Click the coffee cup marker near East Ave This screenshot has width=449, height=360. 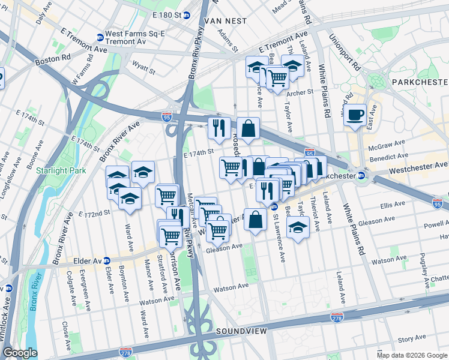(x=355, y=114)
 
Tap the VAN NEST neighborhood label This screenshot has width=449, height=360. (x=226, y=20)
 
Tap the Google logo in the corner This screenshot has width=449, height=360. (x=20, y=352)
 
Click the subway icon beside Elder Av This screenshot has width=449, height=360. (x=107, y=261)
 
